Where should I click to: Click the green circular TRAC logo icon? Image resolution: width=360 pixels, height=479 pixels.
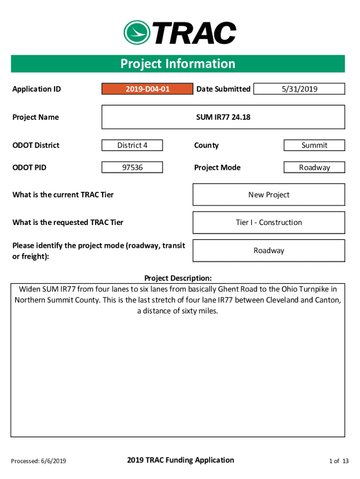[137, 32]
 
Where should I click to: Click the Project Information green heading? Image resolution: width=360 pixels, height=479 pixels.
[178, 64]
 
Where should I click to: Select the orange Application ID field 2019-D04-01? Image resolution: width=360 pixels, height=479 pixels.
[147, 89]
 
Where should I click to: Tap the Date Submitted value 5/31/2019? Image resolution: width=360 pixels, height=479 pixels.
[299, 89]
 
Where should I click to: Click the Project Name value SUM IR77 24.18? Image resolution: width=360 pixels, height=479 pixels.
[223, 117]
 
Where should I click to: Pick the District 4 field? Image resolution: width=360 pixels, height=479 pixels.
[132, 145]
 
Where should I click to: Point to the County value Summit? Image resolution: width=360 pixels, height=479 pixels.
[314, 145]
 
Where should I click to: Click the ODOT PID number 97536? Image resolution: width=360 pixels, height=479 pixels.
[132, 167]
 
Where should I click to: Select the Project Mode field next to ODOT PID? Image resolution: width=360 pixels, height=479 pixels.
[314, 167]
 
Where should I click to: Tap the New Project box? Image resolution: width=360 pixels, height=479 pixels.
[269, 195]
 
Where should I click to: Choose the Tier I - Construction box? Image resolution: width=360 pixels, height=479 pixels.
[269, 223]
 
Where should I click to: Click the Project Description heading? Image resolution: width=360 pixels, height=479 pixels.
[178, 278]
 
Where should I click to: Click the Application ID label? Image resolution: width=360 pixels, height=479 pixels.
[36, 89]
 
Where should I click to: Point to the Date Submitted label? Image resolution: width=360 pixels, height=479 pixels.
[223, 89]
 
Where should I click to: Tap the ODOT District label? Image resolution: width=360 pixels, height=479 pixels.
[36, 145]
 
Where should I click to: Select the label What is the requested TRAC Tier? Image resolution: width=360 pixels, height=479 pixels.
[68, 223]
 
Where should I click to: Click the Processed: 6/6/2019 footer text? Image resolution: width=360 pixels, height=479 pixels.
[38, 461]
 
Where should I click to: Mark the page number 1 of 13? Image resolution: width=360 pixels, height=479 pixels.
[339, 461]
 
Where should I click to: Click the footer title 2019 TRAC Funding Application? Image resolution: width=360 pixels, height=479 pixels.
[180, 460]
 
